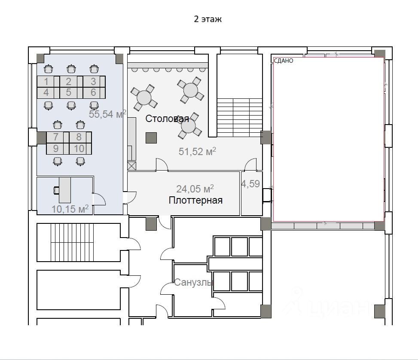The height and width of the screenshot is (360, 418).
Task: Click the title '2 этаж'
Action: click(207, 19)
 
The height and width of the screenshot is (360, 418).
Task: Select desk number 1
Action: click(46, 82)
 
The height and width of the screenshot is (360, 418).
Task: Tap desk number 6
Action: click(93, 92)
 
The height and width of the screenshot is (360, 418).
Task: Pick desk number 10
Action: click(79, 149)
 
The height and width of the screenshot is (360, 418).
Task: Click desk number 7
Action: click(56, 137)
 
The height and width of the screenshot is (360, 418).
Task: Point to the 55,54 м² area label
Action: click(107, 114)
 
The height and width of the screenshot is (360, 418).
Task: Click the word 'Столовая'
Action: click(167, 119)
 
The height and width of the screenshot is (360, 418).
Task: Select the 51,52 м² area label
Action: click(197, 151)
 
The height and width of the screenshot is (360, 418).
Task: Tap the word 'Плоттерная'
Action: click(195, 200)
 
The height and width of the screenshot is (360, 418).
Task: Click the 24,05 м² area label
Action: click(195, 189)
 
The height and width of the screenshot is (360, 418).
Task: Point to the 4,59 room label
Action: click(250, 184)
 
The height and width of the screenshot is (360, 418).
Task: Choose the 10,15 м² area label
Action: click(70, 209)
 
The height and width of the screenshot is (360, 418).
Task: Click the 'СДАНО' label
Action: click(284, 61)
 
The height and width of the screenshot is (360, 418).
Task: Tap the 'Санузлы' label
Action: click(193, 282)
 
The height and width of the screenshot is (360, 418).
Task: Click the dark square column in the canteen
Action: click(151, 138)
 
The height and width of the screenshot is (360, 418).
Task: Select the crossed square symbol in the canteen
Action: click(132, 166)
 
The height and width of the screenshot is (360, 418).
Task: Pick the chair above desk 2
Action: click(71, 69)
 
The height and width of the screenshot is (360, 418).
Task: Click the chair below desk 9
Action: click(58, 162)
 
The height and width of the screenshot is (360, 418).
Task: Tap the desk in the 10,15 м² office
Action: click(65, 190)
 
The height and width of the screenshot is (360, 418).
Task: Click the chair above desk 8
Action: click(80, 125)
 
